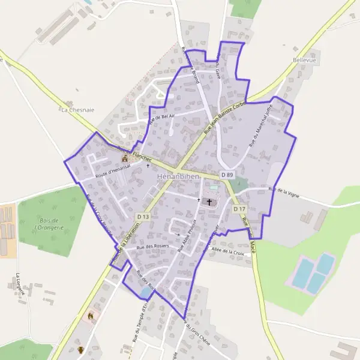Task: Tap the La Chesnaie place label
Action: point(78,110)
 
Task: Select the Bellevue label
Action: point(305,61)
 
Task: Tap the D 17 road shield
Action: point(239,209)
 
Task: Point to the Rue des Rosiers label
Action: point(153,246)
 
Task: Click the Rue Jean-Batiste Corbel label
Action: point(226,113)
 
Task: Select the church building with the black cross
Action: point(209,202)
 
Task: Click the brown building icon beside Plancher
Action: point(125,158)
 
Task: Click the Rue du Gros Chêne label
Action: point(194,334)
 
